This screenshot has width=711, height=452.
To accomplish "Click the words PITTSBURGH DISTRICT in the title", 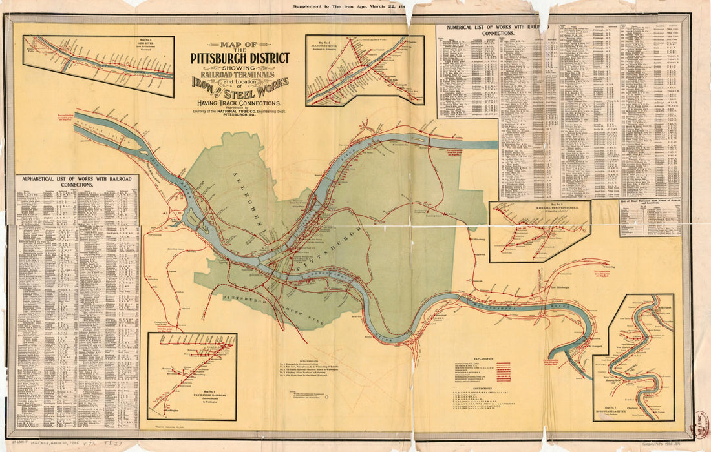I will (x=240, y=58).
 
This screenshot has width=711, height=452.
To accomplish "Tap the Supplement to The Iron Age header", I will (x=349, y=6).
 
